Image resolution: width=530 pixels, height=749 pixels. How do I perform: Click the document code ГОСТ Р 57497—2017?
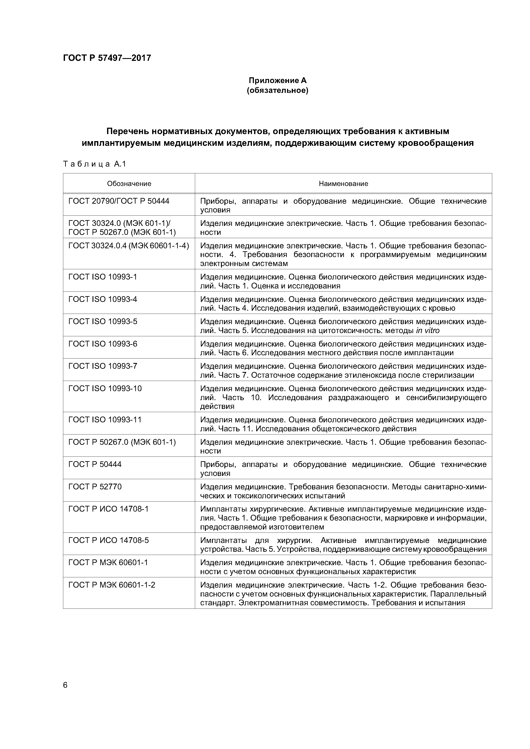click(107, 58)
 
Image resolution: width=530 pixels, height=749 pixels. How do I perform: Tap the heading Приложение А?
click(278, 80)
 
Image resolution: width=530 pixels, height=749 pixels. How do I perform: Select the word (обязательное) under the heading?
click(278, 90)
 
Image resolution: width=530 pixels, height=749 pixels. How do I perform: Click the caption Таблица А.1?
click(94, 164)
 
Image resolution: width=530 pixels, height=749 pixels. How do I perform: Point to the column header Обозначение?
click(129, 184)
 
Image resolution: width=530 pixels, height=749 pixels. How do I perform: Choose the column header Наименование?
click(343, 184)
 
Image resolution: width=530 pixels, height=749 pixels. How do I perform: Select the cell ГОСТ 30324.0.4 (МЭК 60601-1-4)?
click(129, 246)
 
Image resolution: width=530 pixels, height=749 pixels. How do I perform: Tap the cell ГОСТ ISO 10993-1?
click(103, 277)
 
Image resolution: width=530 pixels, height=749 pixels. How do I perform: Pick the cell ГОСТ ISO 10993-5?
click(103, 322)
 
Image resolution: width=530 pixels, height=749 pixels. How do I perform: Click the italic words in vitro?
click(428, 331)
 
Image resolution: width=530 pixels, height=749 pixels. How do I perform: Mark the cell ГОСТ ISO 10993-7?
click(103, 366)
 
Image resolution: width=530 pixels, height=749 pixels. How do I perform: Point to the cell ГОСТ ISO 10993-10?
click(105, 389)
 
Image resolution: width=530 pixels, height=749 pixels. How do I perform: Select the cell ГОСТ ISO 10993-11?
click(105, 420)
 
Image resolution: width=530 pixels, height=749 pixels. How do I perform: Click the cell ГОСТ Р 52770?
click(95, 487)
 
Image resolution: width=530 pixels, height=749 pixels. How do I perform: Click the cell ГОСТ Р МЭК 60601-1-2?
click(112, 585)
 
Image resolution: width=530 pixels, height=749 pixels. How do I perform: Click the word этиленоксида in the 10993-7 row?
click(371, 375)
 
